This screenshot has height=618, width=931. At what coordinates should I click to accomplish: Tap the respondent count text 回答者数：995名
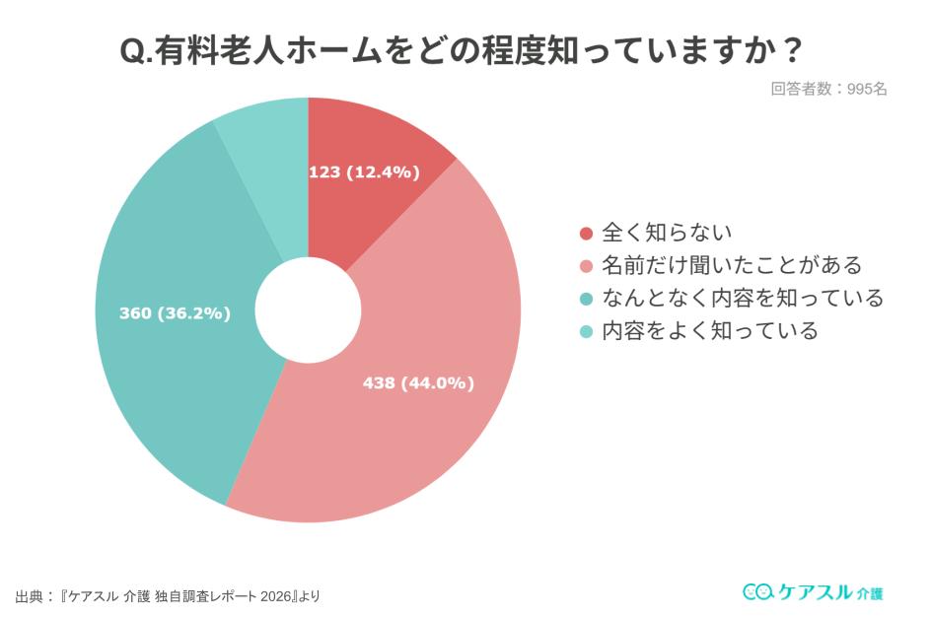[828, 89]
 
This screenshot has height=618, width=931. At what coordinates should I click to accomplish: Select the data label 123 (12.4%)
[364, 172]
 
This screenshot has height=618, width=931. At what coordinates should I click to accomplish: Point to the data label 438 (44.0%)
[418, 383]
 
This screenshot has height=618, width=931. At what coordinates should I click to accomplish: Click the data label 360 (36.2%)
[175, 313]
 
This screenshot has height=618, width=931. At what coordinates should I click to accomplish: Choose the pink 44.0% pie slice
[414, 434]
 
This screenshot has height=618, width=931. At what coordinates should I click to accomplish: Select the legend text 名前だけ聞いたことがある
[732, 265]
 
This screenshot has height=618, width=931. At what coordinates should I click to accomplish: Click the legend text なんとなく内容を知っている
[743, 298]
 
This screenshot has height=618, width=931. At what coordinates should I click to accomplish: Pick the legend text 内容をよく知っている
[710, 330]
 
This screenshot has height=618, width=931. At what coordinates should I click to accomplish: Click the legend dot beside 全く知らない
[586, 234]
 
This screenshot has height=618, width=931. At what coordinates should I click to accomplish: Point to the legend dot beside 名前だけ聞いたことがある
[586, 266]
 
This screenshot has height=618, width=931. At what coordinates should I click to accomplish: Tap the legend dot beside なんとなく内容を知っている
[586, 299]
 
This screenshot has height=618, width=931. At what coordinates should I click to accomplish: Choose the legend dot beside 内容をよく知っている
[586, 331]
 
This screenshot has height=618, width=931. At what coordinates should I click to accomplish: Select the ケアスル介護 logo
[813, 591]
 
